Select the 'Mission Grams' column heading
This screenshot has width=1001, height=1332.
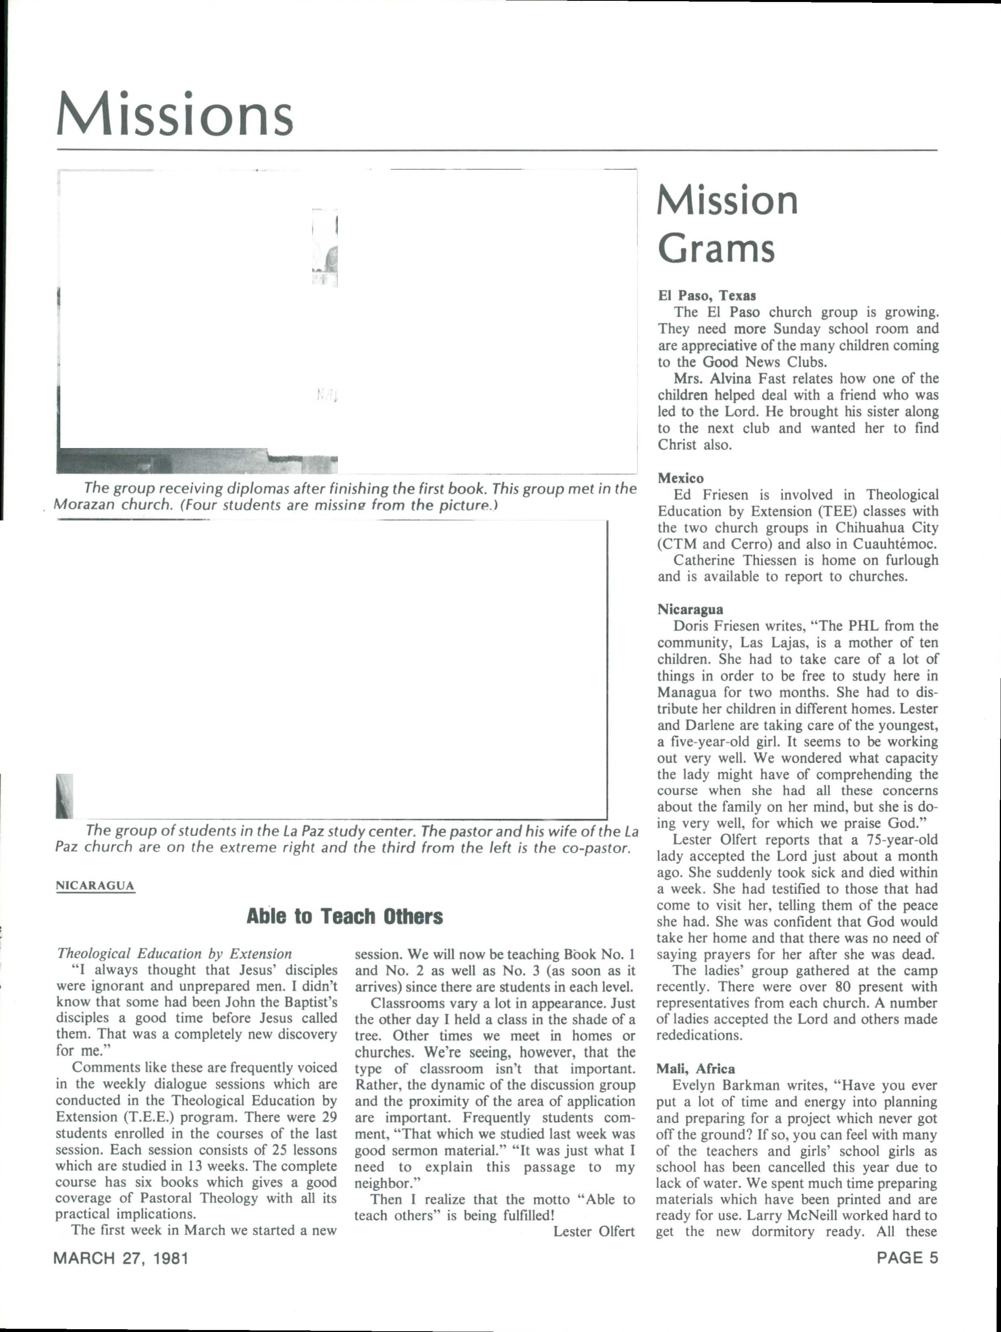pos(727,224)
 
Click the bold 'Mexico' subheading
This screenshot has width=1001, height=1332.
pos(680,478)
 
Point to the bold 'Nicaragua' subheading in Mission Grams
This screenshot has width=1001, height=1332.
pos(690,609)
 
